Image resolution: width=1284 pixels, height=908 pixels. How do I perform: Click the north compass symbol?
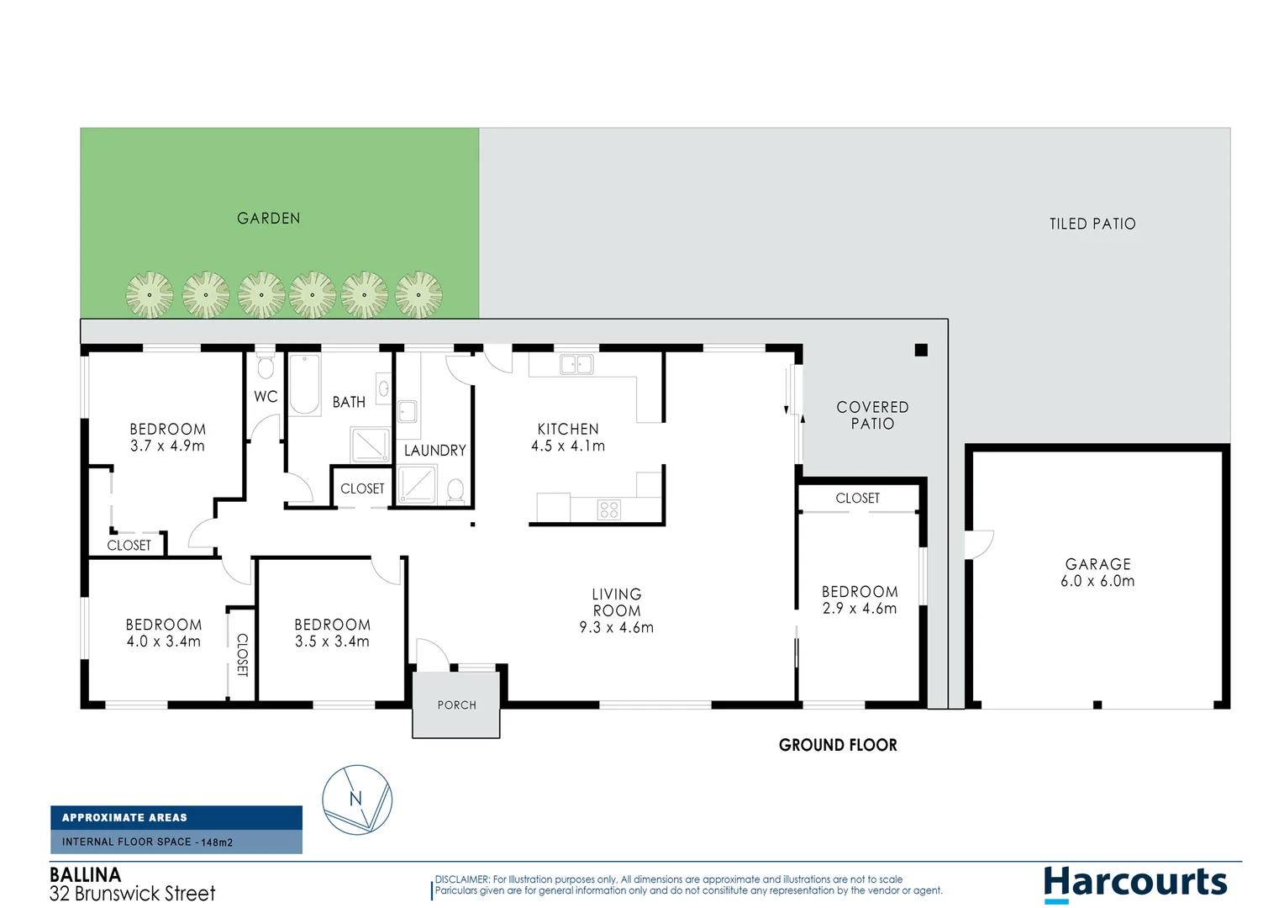357,800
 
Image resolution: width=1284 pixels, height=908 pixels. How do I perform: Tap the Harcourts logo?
1135,883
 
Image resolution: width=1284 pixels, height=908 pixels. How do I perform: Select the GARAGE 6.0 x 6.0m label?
1097,573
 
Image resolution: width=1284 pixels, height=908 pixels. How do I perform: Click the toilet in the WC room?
266,367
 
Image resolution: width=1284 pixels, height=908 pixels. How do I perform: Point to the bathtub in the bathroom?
304,385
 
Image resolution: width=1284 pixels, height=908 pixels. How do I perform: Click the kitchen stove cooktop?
609,509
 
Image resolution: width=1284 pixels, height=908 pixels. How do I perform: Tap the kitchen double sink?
576,364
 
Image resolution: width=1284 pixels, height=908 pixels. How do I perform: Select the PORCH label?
456,705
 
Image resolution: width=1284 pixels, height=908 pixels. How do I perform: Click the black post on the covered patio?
921,350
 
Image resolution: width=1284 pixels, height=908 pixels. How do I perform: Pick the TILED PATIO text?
1092,224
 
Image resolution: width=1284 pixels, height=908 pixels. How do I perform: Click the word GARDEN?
268,219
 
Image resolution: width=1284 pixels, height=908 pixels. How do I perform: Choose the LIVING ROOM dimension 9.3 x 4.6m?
616,627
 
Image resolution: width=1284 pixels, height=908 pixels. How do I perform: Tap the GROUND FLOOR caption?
838,745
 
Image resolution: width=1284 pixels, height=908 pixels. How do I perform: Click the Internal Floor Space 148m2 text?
147,842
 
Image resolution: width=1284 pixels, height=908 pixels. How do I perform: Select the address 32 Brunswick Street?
133,894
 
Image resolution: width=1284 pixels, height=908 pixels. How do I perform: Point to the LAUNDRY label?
434,451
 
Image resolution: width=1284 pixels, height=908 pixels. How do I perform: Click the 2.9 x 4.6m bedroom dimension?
860,609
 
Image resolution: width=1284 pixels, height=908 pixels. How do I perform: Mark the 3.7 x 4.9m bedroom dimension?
167,446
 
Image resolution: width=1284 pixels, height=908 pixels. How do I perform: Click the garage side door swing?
980,545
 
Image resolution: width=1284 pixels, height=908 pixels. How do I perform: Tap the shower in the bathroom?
371,445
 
